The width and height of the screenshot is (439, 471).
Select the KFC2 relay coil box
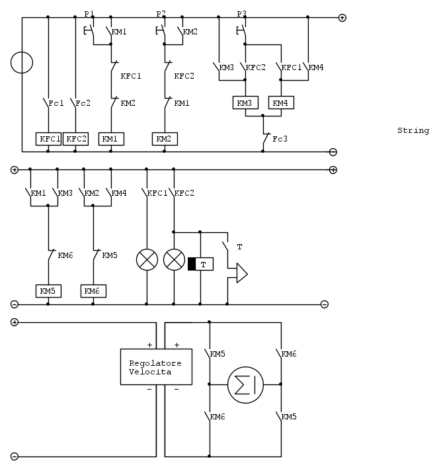(x=75, y=139)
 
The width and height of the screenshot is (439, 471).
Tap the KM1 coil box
(x=110, y=139)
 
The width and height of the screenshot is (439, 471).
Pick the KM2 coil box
(x=165, y=139)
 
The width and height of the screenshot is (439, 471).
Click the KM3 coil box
(x=245, y=103)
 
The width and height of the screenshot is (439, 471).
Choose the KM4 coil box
(x=280, y=103)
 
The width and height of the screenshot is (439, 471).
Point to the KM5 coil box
(x=48, y=291)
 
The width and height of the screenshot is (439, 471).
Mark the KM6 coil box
(x=93, y=291)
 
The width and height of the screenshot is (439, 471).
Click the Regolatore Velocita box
(x=156, y=367)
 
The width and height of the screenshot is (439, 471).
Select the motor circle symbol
(x=245, y=384)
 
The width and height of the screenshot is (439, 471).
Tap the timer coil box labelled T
(x=204, y=265)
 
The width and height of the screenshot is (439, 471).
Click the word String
(x=413, y=131)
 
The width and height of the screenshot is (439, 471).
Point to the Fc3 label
(x=280, y=139)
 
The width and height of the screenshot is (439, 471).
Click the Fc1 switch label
(x=57, y=103)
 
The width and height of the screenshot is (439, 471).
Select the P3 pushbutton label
(x=241, y=13)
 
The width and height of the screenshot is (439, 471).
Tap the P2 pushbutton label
(x=161, y=13)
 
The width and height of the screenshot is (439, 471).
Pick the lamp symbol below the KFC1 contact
(x=146, y=260)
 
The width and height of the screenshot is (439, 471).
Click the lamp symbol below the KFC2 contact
(x=173, y=260)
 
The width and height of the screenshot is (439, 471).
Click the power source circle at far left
(x=22, y=63)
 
